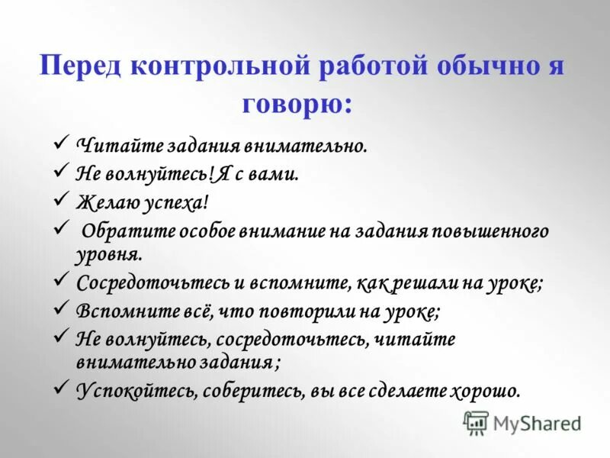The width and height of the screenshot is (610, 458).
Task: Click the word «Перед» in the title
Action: tap(83, 66)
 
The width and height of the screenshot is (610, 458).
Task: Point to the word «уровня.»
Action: tap(108, 252)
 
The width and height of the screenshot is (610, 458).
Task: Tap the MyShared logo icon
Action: tap(476, 422)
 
